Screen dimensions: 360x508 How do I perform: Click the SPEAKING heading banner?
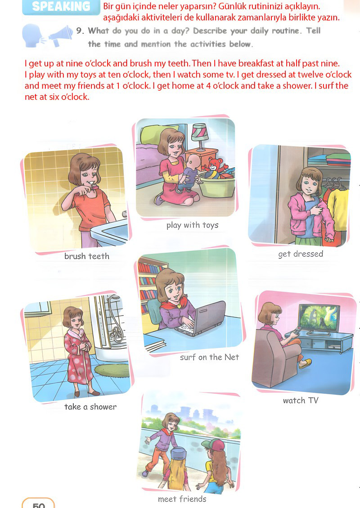pos(61,7)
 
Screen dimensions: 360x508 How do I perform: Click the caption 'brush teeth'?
pos(86,256)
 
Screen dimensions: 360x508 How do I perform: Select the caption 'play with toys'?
pos(192,225)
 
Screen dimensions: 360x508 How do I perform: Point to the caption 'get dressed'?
pos(301,254)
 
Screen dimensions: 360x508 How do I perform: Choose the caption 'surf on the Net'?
pos(209,357)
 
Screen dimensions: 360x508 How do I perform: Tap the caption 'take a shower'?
pos(90,407)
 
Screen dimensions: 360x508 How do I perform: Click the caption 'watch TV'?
pos(301,401)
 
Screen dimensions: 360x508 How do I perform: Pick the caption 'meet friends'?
pos(182,499)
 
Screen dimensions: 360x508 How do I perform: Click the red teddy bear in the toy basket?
pos(214,165)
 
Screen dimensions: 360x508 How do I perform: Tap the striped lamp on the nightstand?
pos(200,136)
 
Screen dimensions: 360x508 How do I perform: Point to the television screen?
pos(319,317)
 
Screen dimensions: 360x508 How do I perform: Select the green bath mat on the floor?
pos(112,370)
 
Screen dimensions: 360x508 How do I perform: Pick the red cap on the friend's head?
pos(212,445)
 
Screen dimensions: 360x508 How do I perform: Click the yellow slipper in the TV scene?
pos(305,364)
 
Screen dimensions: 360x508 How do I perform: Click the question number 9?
pos(80,31)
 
